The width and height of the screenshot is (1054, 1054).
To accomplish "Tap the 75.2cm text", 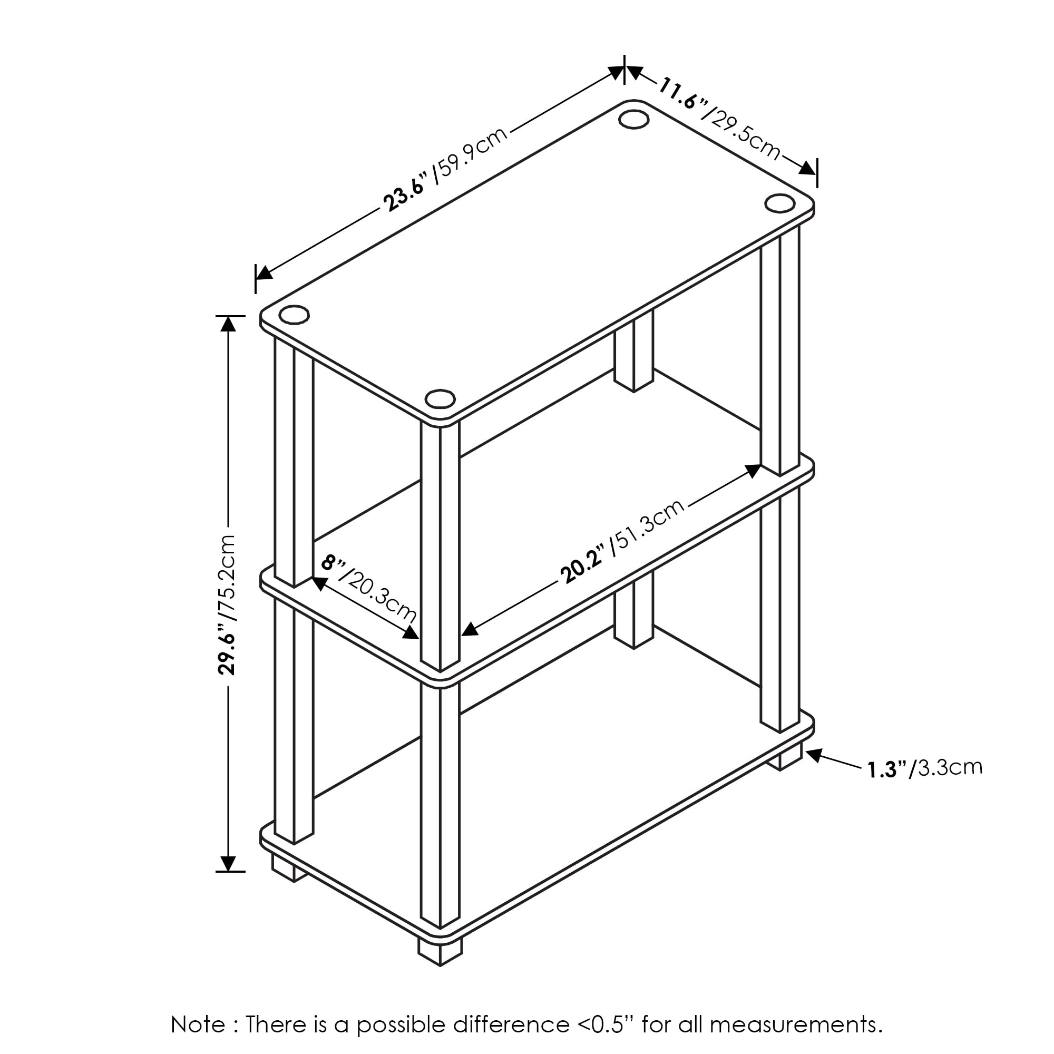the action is [227, 578].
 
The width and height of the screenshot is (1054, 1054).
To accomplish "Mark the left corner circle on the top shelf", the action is [294, 315].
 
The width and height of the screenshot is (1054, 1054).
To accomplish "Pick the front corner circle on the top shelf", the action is [440, 399].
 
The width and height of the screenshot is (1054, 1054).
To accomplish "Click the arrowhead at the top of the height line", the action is [228, 323].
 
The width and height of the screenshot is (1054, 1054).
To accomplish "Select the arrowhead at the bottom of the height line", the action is [228, 863].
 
